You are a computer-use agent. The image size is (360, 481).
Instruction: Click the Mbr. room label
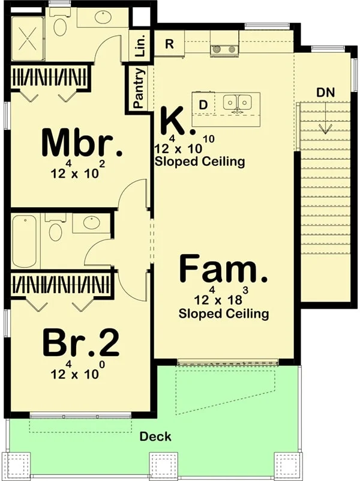[x=82, y=144]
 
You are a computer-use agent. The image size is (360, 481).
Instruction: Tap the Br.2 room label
[x=81, y=342]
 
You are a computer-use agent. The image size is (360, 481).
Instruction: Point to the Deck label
[x=155, y=437]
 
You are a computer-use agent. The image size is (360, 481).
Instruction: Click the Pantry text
[x=139, y=88]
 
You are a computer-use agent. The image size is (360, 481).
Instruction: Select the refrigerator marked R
[x=169, y=44]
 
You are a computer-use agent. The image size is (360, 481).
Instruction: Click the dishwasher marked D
[x=203, y=104]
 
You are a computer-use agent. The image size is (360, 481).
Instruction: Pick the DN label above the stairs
[x=326, y=92]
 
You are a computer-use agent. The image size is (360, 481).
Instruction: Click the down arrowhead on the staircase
[x=325, y=129]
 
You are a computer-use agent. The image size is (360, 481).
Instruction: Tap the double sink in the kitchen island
[x=238, y=102]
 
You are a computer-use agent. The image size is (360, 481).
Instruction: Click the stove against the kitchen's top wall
[x=224, y=49]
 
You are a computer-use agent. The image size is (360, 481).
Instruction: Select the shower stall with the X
[x=28, y=38]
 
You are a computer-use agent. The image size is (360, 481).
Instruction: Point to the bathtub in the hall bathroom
[x=25, y=241]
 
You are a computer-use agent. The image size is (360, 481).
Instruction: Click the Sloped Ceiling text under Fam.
[x=224, y=313]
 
